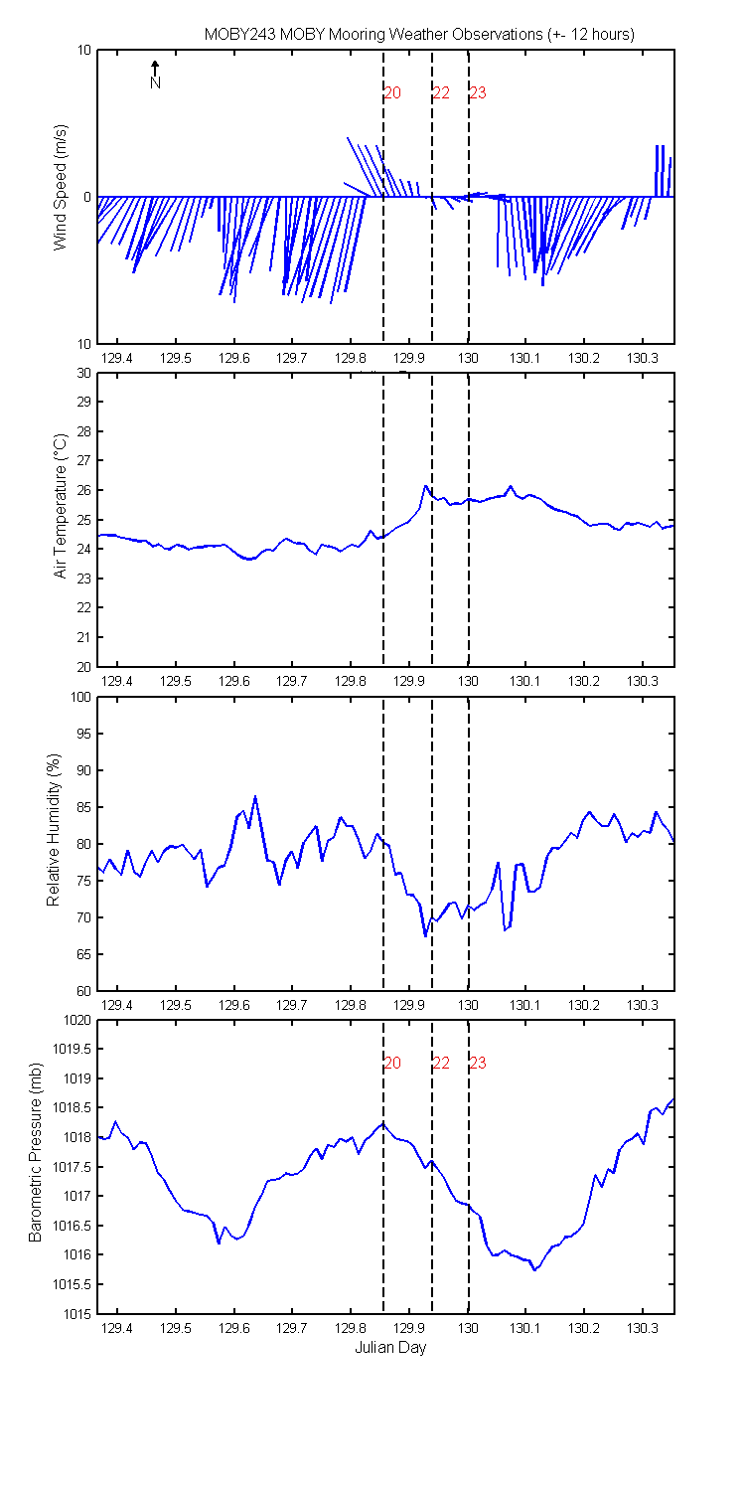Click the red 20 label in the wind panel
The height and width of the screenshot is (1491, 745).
point(392,93)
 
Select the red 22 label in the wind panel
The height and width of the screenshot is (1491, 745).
point(441,93)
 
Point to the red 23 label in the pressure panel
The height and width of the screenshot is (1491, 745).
point(478,1063)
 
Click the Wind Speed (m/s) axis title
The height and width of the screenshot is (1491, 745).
point(60,188)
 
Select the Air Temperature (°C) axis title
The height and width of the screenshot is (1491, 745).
point(60,506)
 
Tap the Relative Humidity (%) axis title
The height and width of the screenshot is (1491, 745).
point(54,830)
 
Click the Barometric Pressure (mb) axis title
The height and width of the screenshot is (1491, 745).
point(35,1152)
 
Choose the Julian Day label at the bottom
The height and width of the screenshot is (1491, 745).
point(390,1347)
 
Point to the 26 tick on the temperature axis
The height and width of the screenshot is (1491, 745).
point(83,491)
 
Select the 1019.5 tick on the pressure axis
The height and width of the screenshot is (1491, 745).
point(72,1049)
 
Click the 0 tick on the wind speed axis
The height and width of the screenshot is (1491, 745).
point(87,198)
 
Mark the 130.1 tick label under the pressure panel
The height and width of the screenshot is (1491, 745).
point(525,1328)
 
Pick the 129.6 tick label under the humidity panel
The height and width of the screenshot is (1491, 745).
point(234,1004)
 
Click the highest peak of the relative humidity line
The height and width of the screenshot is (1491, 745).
point(254,796)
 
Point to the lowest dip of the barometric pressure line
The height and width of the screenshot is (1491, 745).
point(534,1270)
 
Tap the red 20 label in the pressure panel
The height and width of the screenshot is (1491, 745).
point(392,1063)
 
